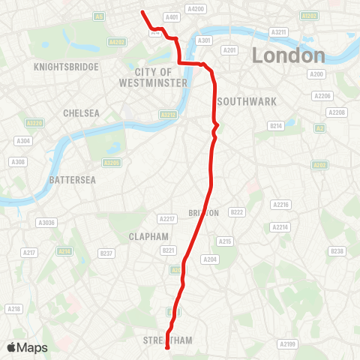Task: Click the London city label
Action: (289, 55)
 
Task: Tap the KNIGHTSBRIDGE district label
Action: (67, 67)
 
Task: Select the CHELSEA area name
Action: (82, 112)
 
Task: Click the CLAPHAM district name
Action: (148, 236)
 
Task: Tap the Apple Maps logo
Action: (27, 347)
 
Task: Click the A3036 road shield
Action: (46, 222)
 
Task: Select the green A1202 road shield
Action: (308, 15)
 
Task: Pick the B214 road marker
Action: (276, 127)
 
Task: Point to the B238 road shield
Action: (337, 251)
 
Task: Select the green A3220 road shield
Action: (33, 123)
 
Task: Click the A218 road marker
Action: (13, 309)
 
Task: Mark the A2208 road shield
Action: (337, 112)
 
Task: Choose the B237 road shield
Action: (106, 253)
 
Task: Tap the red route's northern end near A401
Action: (142, 11)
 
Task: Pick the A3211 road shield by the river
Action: (279, 32)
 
